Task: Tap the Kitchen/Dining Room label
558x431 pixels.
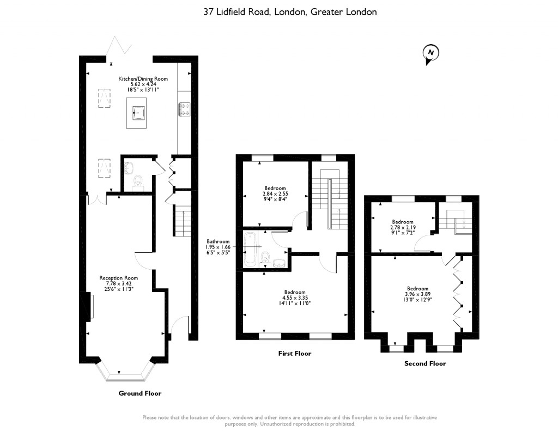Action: pos(143,78)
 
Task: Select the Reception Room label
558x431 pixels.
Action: pos(118,278)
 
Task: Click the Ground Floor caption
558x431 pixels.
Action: pos(140,393)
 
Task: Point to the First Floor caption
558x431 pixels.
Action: pos(295,354)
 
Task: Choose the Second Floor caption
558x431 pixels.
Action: pos(425,363)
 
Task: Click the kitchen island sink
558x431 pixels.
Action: pos(138,113)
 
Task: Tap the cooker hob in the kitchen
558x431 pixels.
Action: pos(184,110)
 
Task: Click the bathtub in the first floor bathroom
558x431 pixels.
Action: pos(249,249)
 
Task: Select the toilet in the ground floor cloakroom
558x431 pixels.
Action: pos(137,181)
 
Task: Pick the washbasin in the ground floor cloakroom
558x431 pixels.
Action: pos(129,168)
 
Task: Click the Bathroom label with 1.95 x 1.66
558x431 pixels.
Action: pos(218,247)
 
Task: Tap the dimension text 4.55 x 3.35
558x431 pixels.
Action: pos(295,298)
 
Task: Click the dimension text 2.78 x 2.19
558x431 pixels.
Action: pos(403,227)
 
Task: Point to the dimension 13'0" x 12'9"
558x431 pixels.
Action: pos(418,300)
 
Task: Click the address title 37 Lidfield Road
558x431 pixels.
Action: pos(238,12)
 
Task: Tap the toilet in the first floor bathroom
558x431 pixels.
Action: pos(264,257)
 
